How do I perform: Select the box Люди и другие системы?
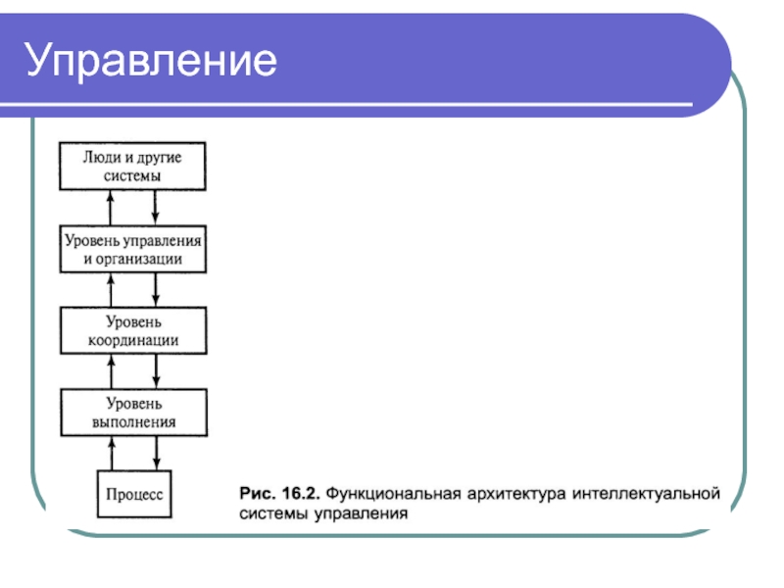point(133,166)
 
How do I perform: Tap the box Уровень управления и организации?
point(133,250)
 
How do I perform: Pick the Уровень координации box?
point(133,331)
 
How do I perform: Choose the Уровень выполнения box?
point(133,413)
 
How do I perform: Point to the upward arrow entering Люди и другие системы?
point(111,208)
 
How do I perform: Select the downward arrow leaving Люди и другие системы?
point(157,208)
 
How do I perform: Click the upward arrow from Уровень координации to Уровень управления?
point(111,290)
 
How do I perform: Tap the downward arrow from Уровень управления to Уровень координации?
point(157,290)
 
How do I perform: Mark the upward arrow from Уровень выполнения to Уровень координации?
point(111,371)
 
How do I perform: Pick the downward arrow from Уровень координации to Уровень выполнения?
point(157,371)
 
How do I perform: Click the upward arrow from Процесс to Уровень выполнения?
point(111,453)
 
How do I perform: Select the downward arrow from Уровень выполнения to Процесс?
point(157,453)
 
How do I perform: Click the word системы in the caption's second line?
point(272,512)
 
